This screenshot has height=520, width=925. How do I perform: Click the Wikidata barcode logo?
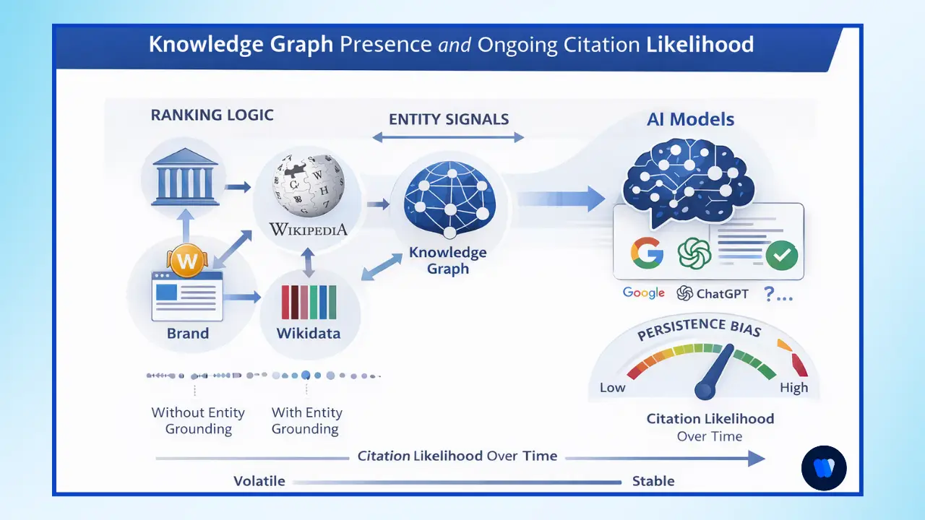tap(309, 302)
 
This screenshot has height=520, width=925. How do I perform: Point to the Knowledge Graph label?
tap(448, 261)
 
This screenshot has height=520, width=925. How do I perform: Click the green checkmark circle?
tap(781, 255)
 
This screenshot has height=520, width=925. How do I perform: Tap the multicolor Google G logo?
tap(647, 253)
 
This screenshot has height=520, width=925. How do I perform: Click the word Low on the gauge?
tap(612, 388)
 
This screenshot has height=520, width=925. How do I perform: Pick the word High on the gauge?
tap(793, 388)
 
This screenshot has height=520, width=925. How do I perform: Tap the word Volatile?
tap(259, 481)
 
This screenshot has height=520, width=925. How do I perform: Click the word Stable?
tap(653, 481)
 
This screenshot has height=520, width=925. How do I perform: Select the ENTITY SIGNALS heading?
tap(448, 119)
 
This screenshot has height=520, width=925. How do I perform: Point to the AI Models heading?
tap(690, 119)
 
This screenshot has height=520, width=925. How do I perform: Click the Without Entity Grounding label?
tap(198, 420)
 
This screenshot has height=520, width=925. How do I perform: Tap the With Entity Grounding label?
tap(306, 420)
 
